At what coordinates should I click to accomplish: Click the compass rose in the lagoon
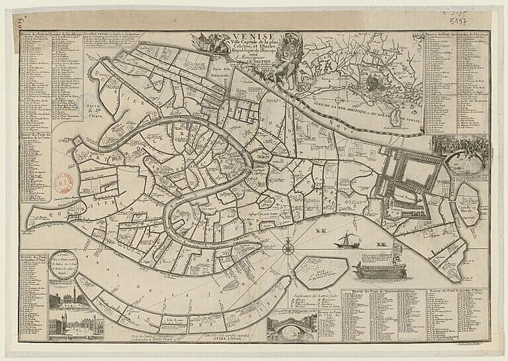point(288,250)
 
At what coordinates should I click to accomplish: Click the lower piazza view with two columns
point(71,327)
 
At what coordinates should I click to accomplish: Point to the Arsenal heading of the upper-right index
point(456,35)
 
